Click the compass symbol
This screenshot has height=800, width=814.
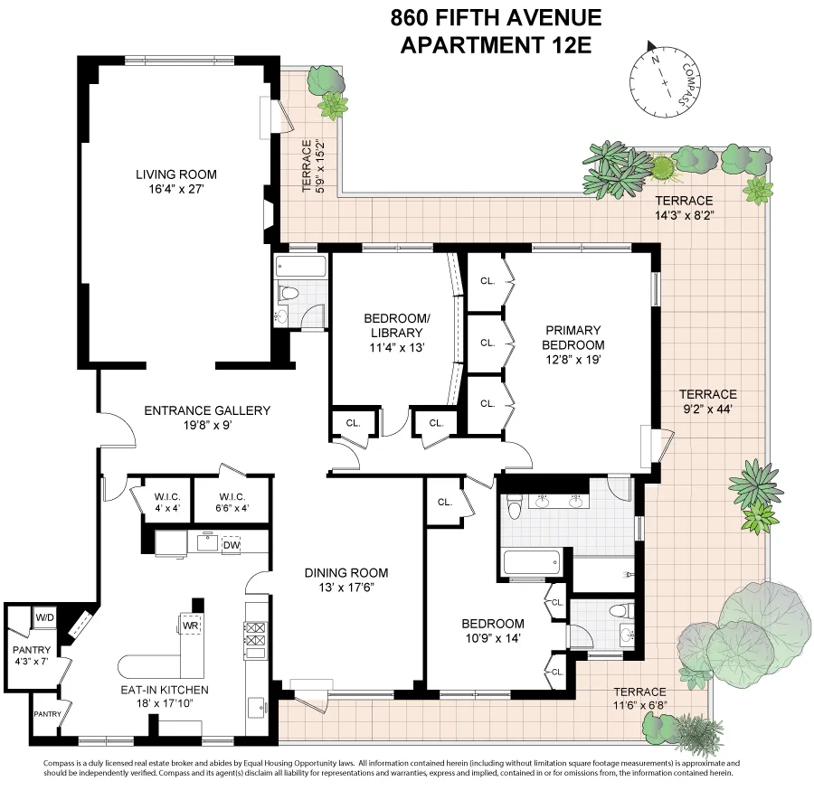(664, 80)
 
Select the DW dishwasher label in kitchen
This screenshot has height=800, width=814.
(231, 544)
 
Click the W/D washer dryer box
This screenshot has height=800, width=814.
(44, 617)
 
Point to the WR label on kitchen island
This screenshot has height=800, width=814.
(190, 626)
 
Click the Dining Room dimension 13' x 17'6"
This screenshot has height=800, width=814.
(345, 588)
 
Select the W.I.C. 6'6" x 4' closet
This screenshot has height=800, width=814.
(220, 504)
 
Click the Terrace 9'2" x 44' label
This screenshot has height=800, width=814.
(707, 401)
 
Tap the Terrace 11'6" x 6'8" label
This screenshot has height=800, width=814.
(639, 699)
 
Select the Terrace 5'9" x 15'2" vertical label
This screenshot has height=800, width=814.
(312, 166)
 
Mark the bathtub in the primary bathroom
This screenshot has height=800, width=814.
(534, 563)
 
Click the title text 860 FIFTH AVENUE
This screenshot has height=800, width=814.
(495, 17)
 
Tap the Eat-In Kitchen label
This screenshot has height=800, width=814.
(165, 697)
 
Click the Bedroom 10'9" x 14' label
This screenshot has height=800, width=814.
(492, 631)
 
